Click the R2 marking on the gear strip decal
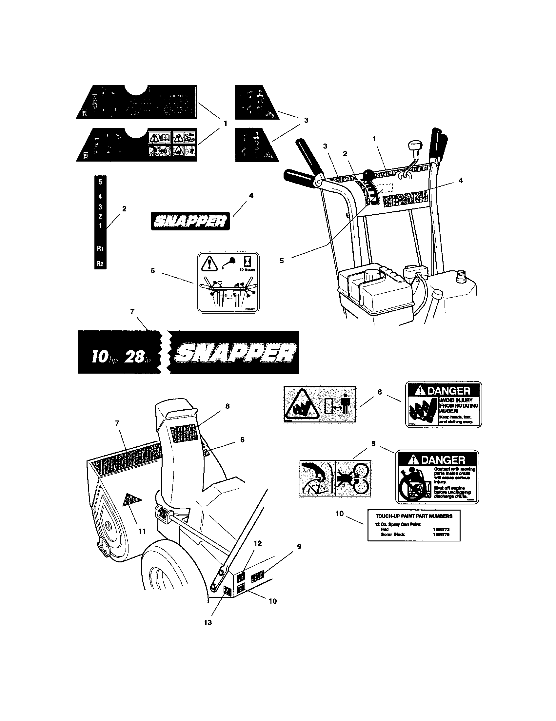point(100,263)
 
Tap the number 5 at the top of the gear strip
point(100,182)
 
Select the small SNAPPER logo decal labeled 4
point(190,221)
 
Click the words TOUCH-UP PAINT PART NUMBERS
point(414,516)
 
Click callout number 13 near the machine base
point(208,622)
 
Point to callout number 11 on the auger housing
point(142,531)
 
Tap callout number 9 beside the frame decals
point(299,547)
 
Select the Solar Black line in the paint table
point(393,535)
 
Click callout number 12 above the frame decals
point(258,543)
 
